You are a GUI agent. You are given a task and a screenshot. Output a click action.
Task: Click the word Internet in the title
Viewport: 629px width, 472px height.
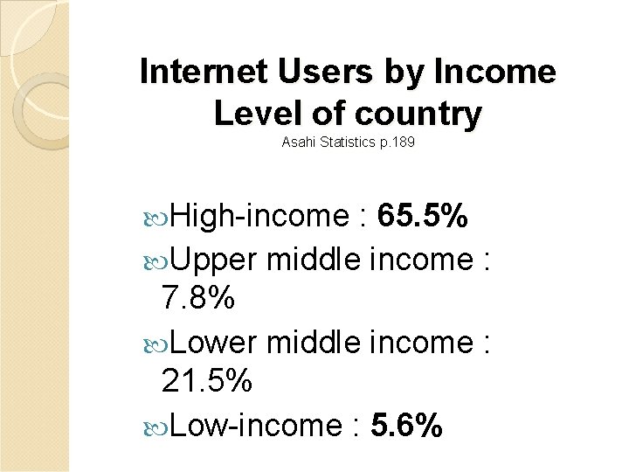[204, 72]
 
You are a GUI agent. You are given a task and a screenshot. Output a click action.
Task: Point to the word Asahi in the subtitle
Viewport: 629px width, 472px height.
[296, 142]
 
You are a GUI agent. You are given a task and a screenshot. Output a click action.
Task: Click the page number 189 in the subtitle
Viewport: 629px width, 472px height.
[404, 142]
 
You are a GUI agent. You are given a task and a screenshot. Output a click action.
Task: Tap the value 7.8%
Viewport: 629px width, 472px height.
[198, 300]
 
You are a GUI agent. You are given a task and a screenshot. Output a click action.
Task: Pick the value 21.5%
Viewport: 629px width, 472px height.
[207, 382]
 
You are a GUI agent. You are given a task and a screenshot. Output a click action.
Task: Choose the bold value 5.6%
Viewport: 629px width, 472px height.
[406, 426]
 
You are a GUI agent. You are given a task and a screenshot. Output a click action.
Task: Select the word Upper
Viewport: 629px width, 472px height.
[213, 260]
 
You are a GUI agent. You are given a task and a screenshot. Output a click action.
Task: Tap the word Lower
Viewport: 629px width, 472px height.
[213, 342]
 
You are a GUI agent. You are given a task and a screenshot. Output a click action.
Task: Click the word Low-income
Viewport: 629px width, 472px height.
[252, 426]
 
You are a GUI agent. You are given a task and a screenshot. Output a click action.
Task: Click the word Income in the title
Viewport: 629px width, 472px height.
[500, 72]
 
